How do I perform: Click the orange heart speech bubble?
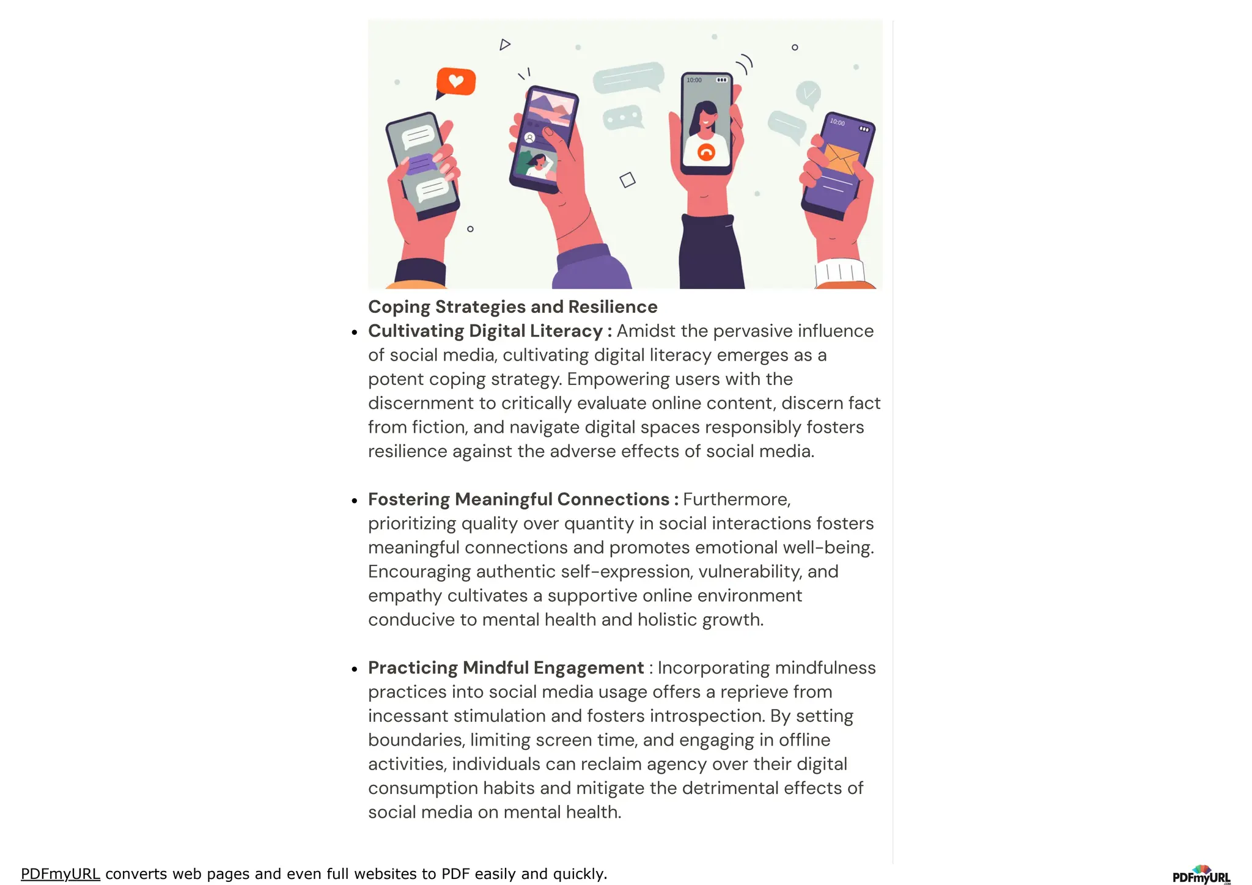pos(456,81)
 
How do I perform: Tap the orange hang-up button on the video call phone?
pos(706,152)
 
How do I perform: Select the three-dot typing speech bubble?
pos(622,117)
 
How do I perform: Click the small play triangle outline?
pos(504,45)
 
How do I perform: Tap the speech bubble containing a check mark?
pos(809,94)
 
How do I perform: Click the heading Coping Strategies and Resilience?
pos(512,307)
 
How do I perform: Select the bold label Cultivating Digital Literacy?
pos(485,331)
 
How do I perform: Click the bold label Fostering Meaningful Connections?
pos(518,499)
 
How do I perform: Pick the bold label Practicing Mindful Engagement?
pos(506,668)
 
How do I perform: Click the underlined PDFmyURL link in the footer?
pos(60,874)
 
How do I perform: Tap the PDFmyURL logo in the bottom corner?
pos(1201,875)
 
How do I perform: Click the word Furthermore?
pos(736,499)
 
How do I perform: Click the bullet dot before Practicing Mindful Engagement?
pos(355,669)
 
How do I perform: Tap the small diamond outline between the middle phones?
pos(627,180)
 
